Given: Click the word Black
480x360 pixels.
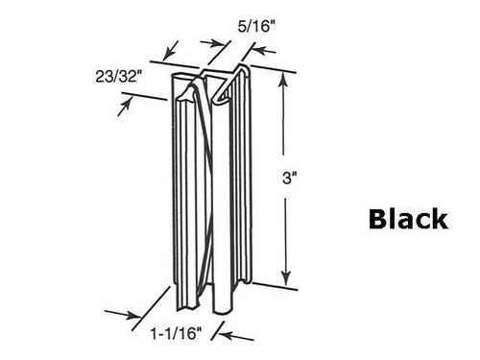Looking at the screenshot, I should pos(407,219).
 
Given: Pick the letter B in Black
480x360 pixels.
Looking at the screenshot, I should pos(377,219).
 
